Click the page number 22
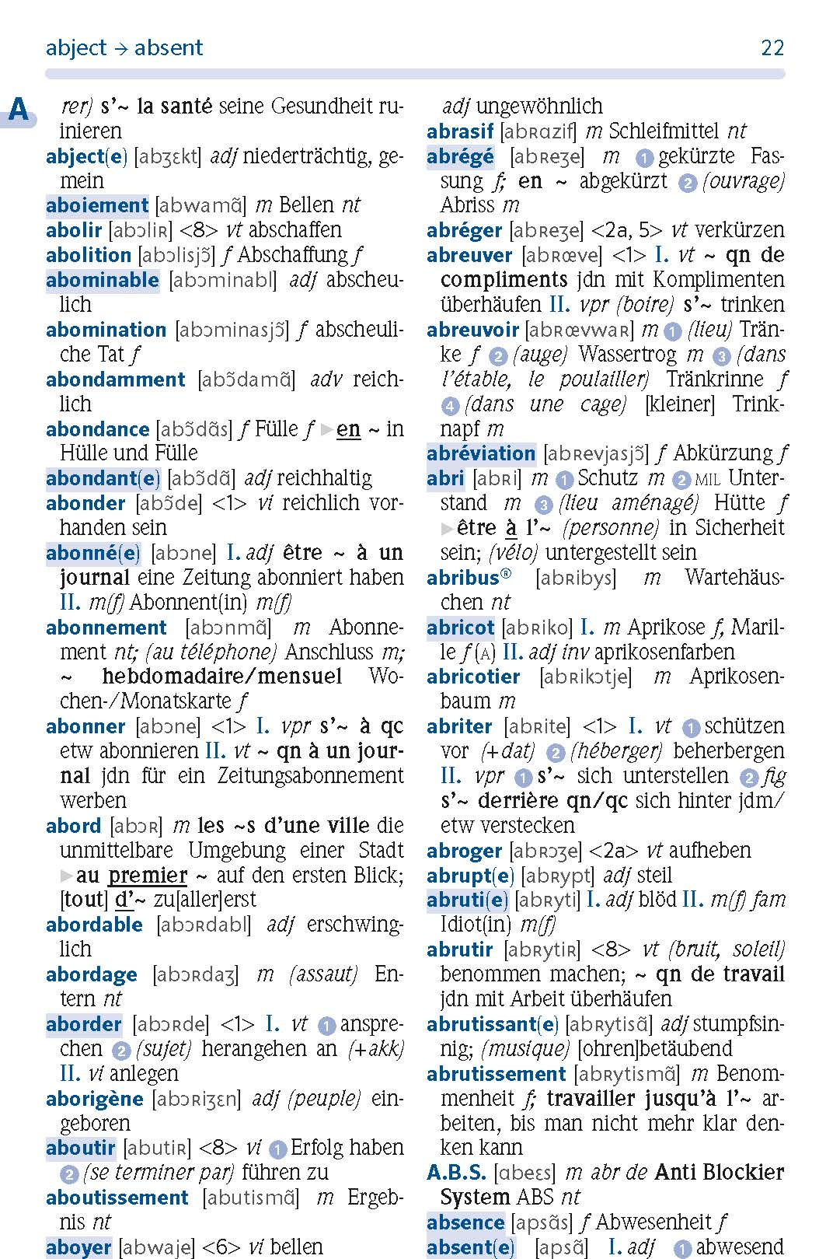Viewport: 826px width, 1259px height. [772, 48]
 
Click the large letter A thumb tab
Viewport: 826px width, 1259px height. [19, 110]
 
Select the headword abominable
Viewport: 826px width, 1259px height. [102, 280]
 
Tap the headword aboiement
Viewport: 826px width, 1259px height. [96, 205]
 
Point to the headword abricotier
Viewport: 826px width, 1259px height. [473, 677]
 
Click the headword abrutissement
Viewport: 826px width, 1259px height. [496, 1074]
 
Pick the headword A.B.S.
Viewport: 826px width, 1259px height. [456, 1173]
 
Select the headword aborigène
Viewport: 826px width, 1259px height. [95, 1099]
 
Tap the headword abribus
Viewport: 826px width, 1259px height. [463, 578]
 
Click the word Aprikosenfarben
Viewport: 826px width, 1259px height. [664, 652]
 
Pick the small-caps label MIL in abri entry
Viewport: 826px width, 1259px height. [709, 479]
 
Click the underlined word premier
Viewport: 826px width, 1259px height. [148, 875]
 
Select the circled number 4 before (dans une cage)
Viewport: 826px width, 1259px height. [450, 405]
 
